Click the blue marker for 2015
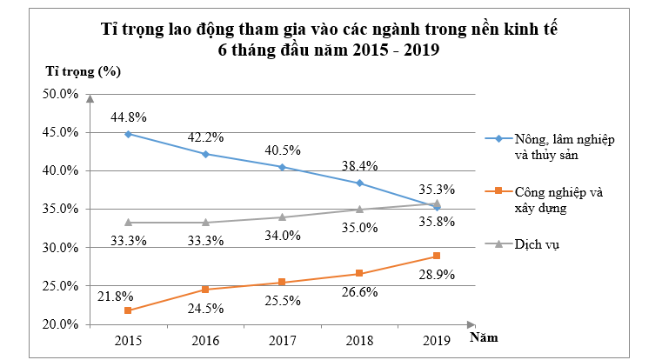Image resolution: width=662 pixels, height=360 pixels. (128, 134)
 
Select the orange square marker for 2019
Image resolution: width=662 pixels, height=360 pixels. (437, 256)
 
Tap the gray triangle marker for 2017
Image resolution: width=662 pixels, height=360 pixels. (283, 217)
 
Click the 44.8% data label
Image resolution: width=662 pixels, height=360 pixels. (128, 117)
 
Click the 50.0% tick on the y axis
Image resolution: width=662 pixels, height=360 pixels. (61, 94)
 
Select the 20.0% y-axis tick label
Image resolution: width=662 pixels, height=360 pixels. (61, 324)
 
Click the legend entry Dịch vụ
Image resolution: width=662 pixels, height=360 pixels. (537, 244)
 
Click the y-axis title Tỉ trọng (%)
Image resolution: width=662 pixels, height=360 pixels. (83, 70)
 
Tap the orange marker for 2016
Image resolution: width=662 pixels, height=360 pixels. (205, 290)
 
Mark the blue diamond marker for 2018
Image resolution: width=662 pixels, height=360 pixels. (360, 183)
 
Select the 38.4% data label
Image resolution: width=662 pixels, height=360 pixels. (360, 165)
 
